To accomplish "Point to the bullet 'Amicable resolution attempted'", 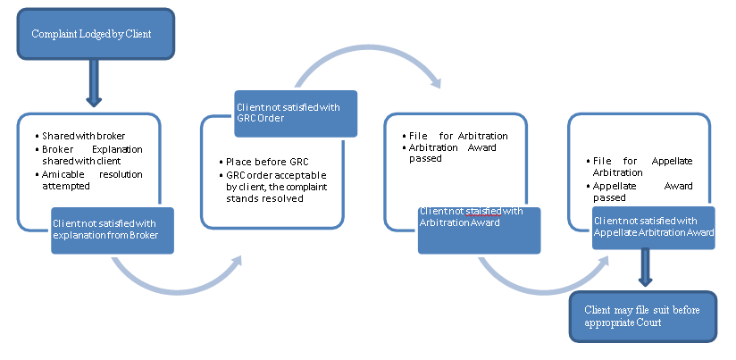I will [x=92, y=180].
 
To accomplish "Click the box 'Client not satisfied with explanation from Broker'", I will [x=112, y=230].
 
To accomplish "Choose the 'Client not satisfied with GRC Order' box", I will [x=295, y=113].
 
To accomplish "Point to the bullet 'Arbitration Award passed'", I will [x=458, y=154].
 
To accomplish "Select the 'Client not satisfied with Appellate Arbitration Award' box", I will [x=654, y=227].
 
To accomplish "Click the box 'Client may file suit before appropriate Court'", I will [x=642, y=316].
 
